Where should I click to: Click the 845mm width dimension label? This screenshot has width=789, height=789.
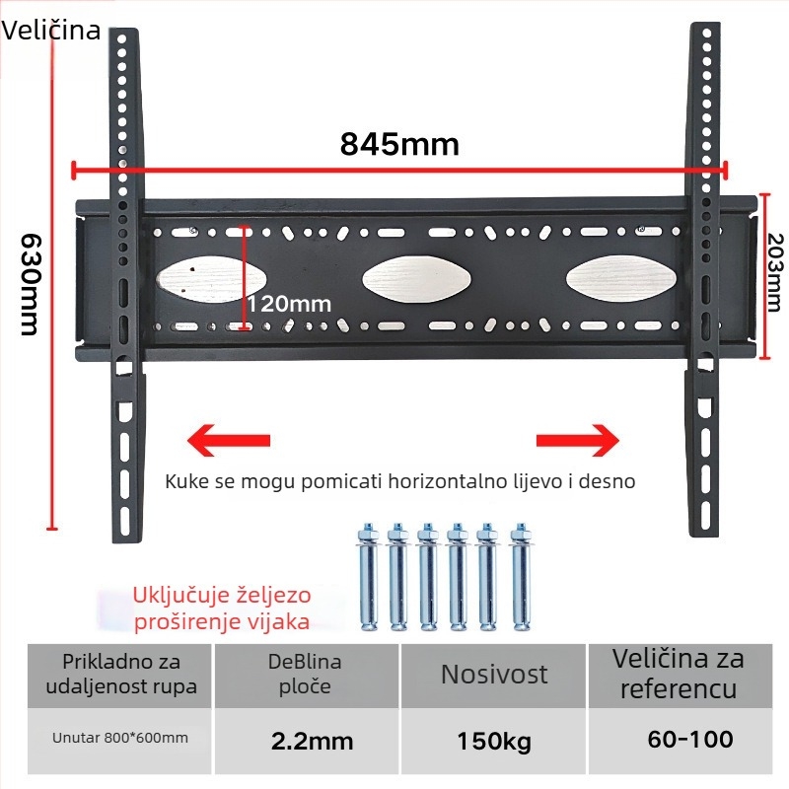point(399,144)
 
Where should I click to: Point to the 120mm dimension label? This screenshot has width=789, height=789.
point(288,304)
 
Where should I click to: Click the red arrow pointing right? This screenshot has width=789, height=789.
point(577,439)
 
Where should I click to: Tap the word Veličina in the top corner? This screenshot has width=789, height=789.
point(51,30)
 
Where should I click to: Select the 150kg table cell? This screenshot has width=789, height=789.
point(493,741)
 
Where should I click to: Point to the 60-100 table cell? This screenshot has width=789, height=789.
point(690,739)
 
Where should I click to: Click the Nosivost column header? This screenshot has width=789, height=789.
point(493,675)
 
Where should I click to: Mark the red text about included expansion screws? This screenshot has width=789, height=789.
point(221,609)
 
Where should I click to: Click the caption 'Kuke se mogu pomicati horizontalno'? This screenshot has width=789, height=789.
point(400,482)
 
